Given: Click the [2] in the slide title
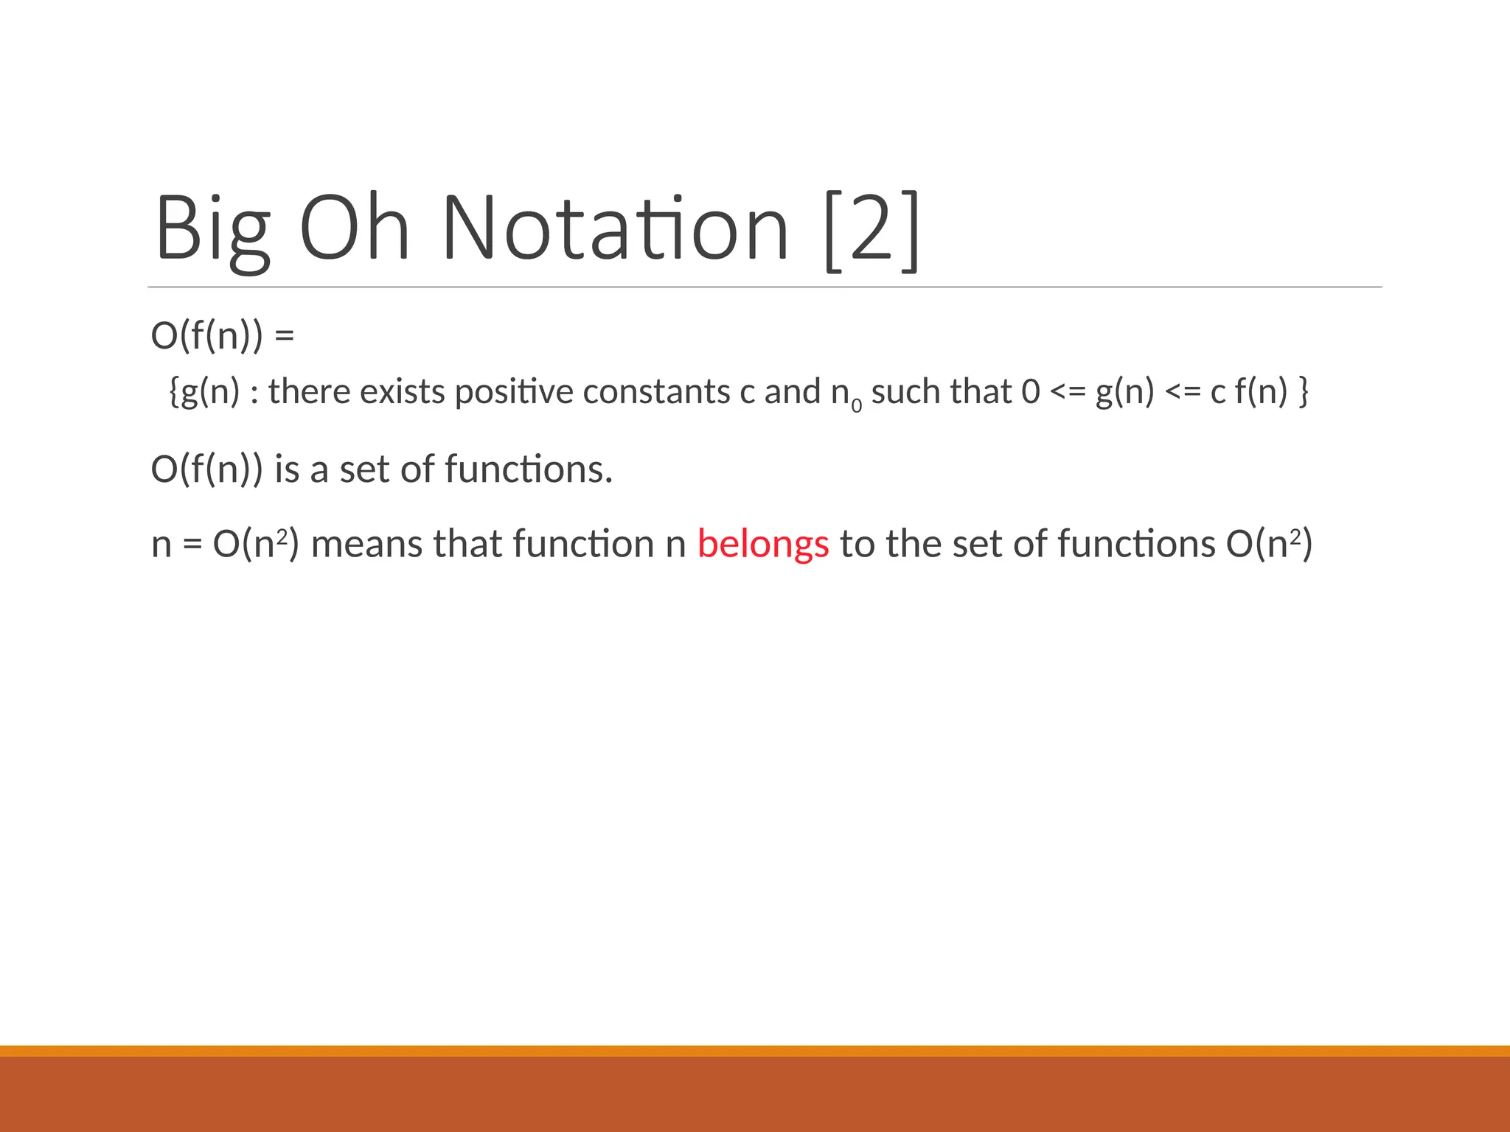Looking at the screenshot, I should pyautogui.click(x=871, y=230).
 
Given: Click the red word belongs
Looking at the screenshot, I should pyautogui.click(x=763, y=545).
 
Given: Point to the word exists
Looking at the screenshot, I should pyautogui.click(x=402, y=391).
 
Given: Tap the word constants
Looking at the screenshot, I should pyautogui.click(x=656, y=391).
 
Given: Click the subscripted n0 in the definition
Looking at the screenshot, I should pyautogui.click(x=845, y=394).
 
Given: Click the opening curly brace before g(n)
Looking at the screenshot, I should pyautogui.click(x=174, y=391).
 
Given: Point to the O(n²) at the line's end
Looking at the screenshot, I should pyautogui.click(x=1269, y=545).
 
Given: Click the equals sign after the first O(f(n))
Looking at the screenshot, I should pyautogui.click(x=284, y=336).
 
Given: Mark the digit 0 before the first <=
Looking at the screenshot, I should pyautogui.click(x=1030, y=391).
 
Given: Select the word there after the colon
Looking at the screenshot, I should pyautogui.click(x=309, y=391).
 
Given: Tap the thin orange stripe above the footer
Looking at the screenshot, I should pyautogui.click(x=755, y=1050).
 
